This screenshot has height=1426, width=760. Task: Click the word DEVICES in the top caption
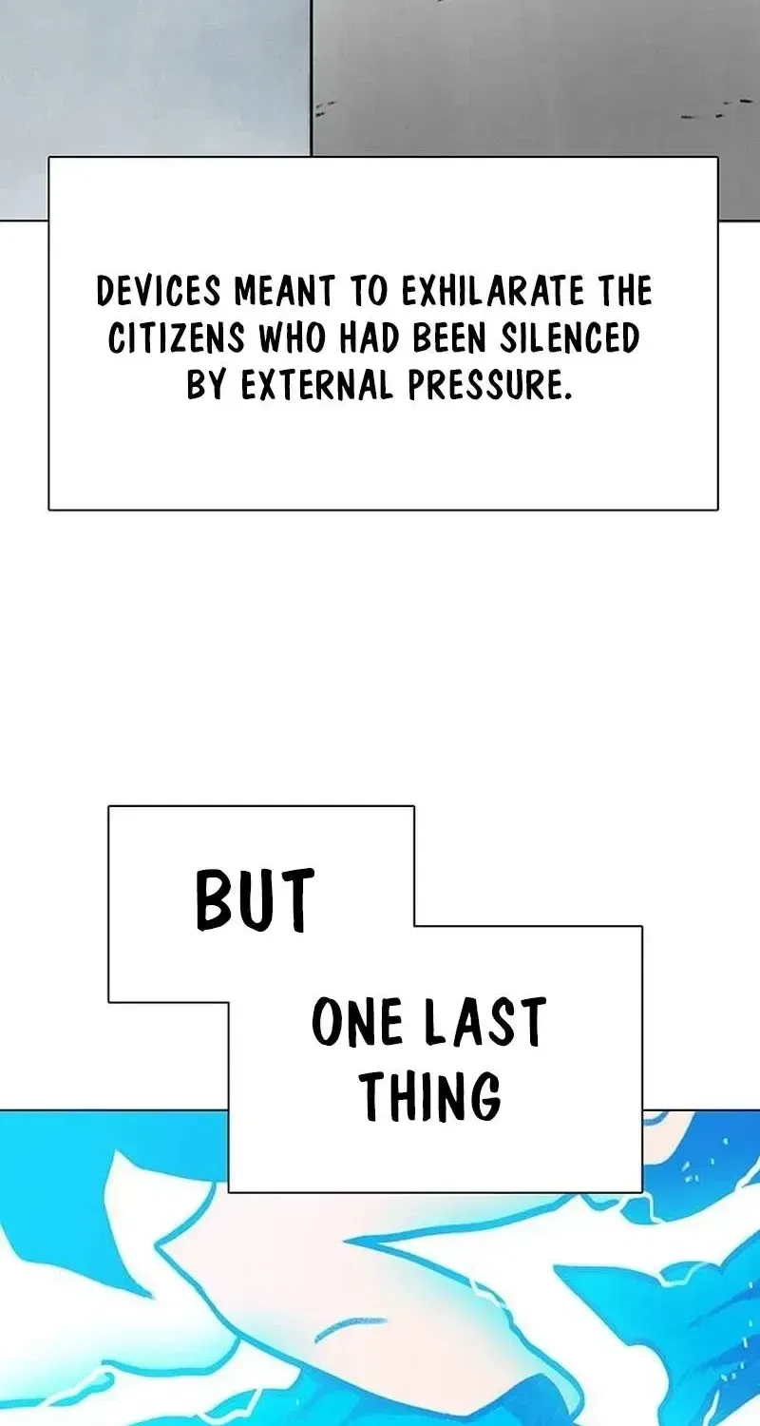159,292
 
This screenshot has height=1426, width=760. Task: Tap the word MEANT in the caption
284,292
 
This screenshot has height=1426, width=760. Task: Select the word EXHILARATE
493,292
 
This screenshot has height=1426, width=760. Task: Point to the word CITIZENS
176,338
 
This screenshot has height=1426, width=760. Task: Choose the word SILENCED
569,338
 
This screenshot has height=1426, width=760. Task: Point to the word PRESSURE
485,385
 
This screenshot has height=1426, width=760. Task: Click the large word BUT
255,900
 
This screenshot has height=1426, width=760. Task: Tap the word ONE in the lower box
357,1022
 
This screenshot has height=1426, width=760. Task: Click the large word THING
430,1095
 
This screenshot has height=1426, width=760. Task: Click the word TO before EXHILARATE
368,292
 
